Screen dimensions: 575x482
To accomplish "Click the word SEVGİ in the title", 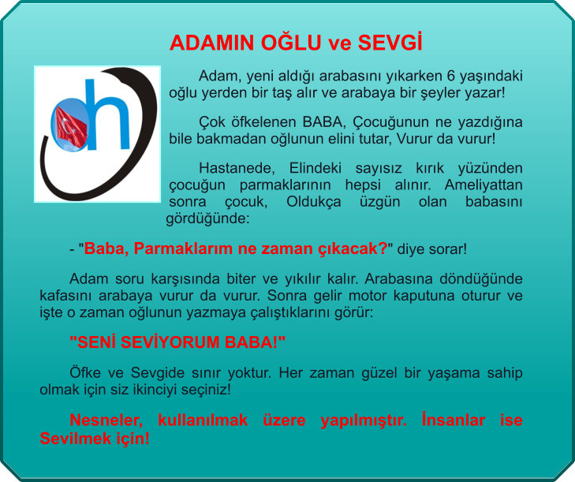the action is pos(390,42).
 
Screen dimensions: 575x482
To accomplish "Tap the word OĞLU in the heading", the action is pos(291,42).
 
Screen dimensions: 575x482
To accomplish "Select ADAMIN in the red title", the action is pos(211,43).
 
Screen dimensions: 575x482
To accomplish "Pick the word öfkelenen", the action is pos(263,121).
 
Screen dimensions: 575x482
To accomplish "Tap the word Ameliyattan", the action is pos(484,185).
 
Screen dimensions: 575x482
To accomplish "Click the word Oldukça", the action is pos(314,202).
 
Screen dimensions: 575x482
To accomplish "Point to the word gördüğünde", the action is pos(207,219).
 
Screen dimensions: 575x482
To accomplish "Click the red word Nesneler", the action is pos(106,420).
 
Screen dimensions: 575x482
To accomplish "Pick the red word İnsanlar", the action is pos(454,420).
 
